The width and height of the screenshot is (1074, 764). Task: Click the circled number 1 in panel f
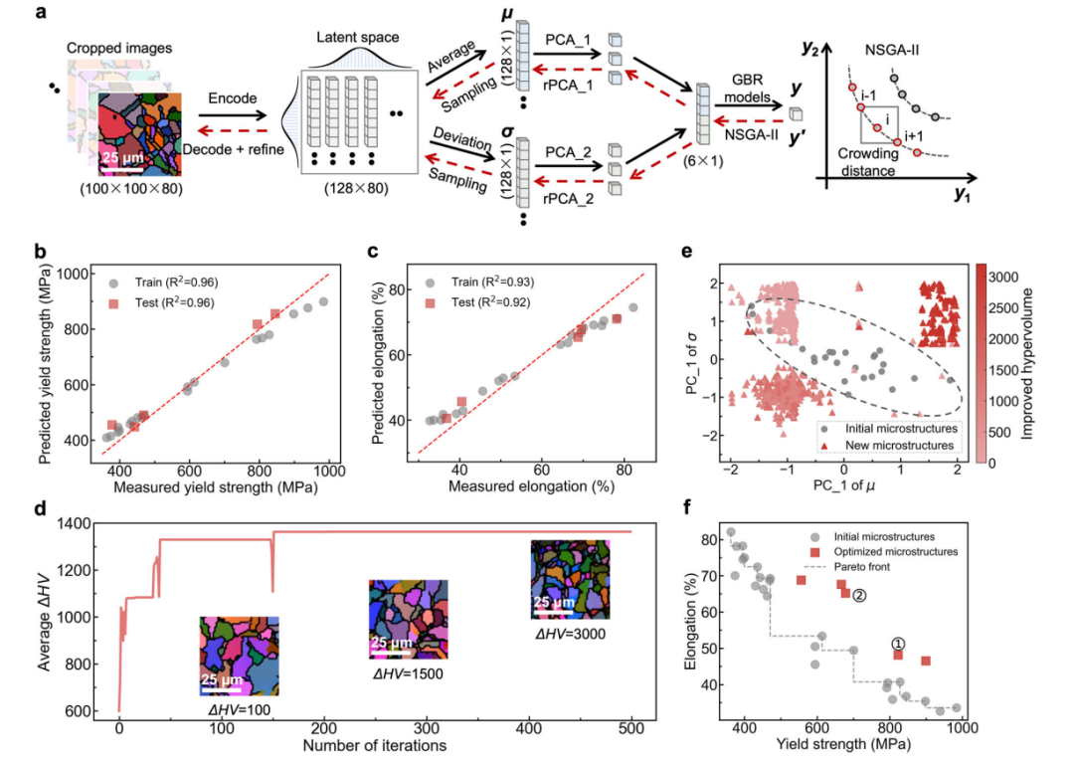pyautogui.click(x=898, y=644)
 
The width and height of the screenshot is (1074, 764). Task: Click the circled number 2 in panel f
pyautogui.click(x=859, y=596)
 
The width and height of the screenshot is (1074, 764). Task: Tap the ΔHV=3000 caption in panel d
pyautogui.click(x=571, y=634)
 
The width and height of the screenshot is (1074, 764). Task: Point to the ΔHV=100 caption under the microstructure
pyautogui.click(x=239, y=710)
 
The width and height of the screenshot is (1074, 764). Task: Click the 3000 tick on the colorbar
pyautogui.click(x=1004, y=277)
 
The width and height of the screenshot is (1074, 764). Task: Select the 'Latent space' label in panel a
pyautogui.click(x=358, y=37)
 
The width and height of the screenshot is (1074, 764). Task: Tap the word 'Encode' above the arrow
pyautogui.click(x=232, y=97)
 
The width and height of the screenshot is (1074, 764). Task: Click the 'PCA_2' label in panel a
pyautogui.click(x=568, y=152)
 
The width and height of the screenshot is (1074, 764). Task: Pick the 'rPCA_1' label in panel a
pyautogui.click(x=568, y=85)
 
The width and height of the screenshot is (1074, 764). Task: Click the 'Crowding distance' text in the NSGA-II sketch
pyautogui.click(x=868, y=162)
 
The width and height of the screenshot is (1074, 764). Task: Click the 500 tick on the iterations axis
pyautogui.click(x=631, y=728)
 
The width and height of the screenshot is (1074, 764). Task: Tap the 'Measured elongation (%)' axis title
pyautogui.click(x=531, y=485)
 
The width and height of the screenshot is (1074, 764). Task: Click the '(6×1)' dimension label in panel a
pyautogui.click(x=703, y=162)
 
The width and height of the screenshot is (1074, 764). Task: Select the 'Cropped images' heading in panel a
pyautogui.click(x=119, y=48)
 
